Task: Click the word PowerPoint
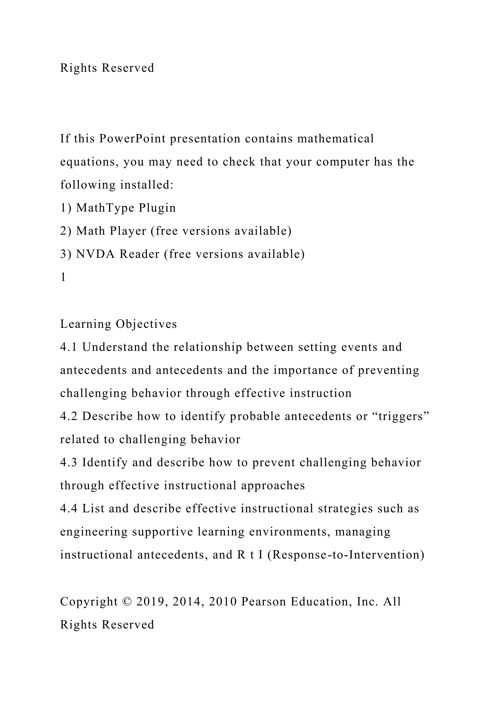click(x=132, y=139)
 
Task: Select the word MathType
click(x=105, y=208)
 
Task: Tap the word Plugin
click(x=157, y=208)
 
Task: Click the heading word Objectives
click(x=146, y=324)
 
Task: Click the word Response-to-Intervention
click(x=346, y=555)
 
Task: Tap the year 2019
click(x=152, y=602)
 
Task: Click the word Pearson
click(x=264, y=602)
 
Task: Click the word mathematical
click(x=335, y=139)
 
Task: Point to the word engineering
click(x=94, y=532)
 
